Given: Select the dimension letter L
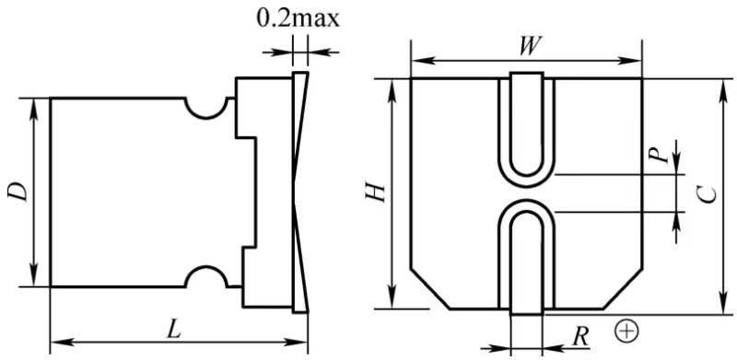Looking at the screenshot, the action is click(174, 331).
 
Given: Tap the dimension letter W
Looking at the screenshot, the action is click(528, 46).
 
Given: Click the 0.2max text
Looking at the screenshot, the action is click(298, 19).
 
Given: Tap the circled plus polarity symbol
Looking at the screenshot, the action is click(626, 331).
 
